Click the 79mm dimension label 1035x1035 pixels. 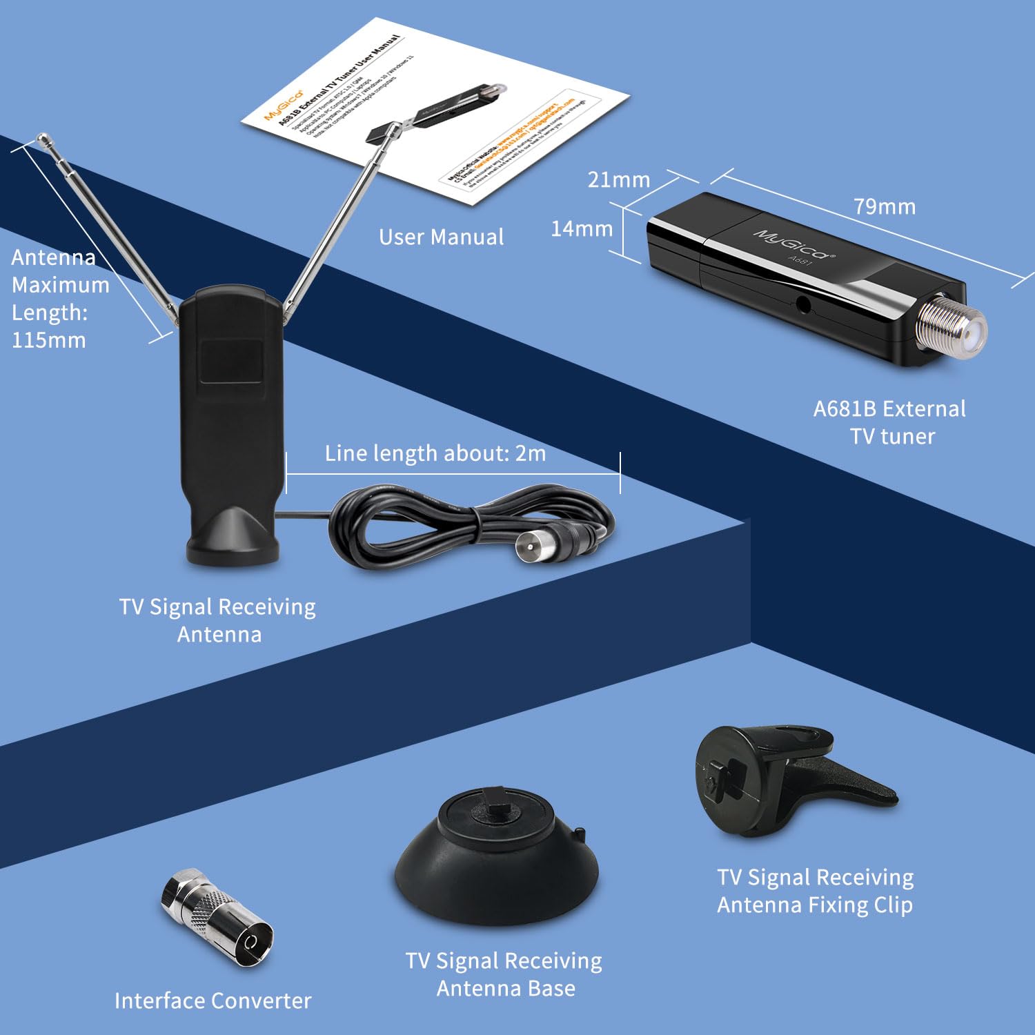pyautogui.click(x=884, y=206)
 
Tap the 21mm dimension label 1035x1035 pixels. pyautogui.click(x=618, y=180)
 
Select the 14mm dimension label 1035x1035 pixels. pyautogui.click(x=582, y=228)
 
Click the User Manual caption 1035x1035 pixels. pyautogui.click(x=441, y=237)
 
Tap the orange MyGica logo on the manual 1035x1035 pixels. pyautogui.click(x=283, y=104)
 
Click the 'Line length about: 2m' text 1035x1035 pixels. pyautogui.click(x=435, y=453)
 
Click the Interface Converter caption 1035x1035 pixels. pyautogui.click(x=213, y=1000)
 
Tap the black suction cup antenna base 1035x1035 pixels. pyautogui.click(x=496, y=856)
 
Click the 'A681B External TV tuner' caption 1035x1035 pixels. pyautogui.click(x=890, y=422)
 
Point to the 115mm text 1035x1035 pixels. pyautogui.click(x=48, y=340)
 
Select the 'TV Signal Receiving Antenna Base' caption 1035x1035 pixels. pyautogui.click(x=504, y=974)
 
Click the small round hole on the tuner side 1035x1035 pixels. pyautogui.click(x=802, y=303)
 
